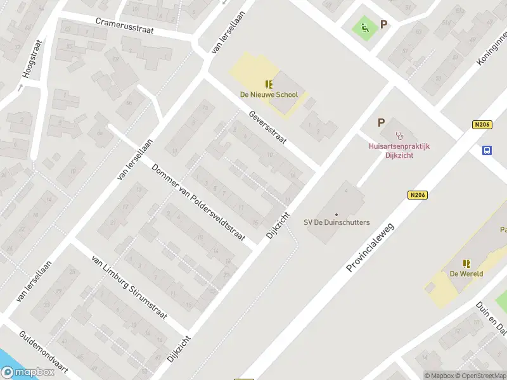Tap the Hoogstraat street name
pyautogui.click(x=31, y=59)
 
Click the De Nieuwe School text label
pyautogui.click(x=269, y=95)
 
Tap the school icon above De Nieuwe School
pyautogui.click(x=269, y=84)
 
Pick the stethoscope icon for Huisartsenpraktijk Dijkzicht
pyautogui.click(x=399, y=135)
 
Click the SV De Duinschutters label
pyautogui.click(x=337, y=222)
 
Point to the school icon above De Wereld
pyautogui.click(x=467, y=263)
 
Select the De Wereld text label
pyautogui.click(x=467, y=274)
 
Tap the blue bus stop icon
pyautogui.click(x=487, y=150)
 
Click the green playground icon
pyautogui.click(x=364, y=27)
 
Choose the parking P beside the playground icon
pyautogui.click(x=383, y=25)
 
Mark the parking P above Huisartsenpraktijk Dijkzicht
pyautogui.click(x=381, y=123)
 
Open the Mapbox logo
pyautogui.click(x=27, y=373)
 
